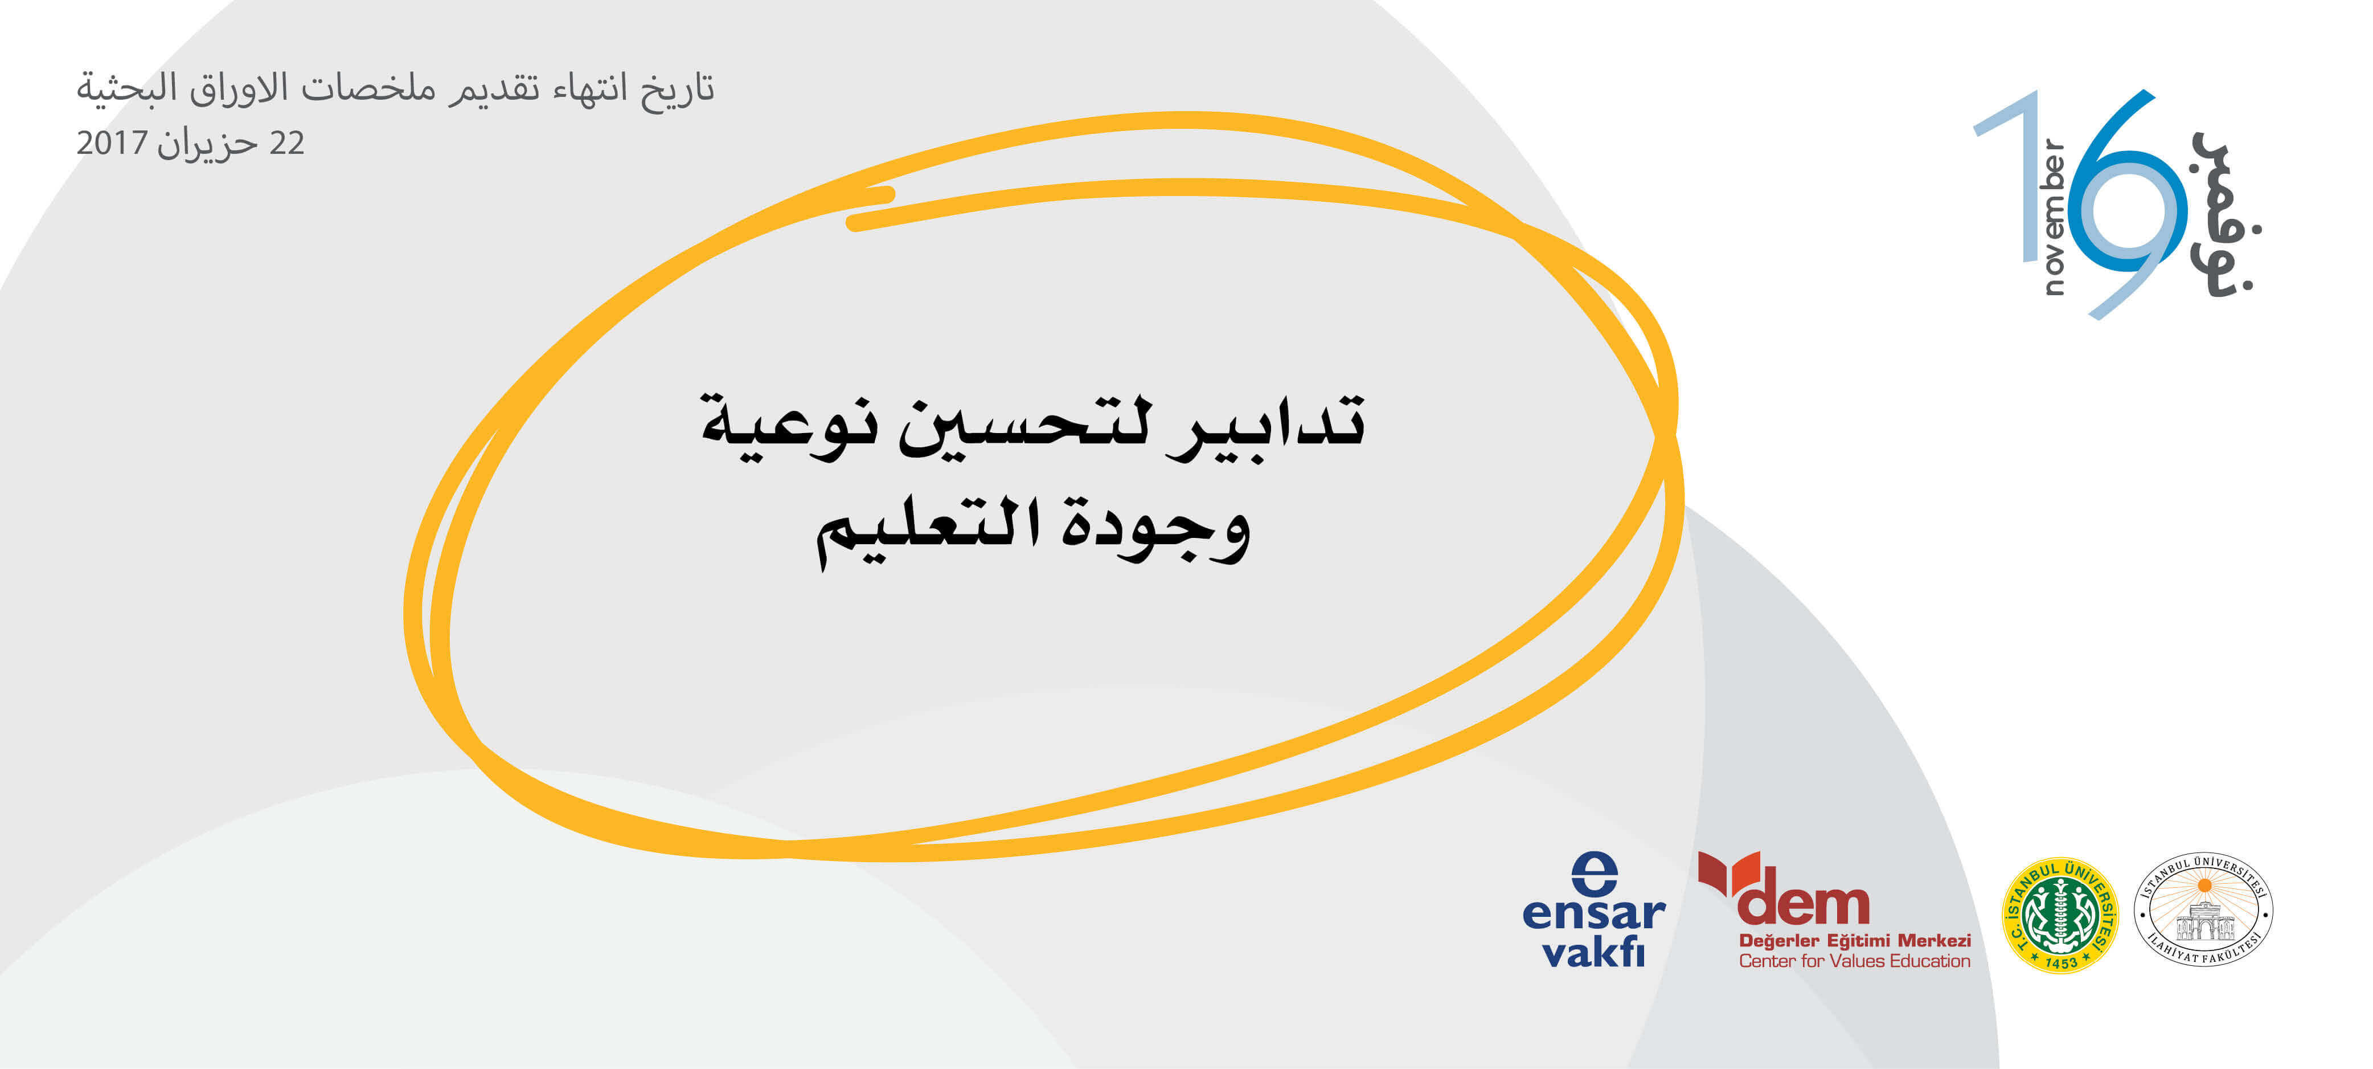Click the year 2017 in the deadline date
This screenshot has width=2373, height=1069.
[112, 143]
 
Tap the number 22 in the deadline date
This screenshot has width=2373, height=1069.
[286, 143]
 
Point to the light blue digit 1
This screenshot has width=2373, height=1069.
[2008, 175]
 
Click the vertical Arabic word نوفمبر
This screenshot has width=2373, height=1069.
[2226, 214]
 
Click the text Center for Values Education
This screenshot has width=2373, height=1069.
[1854, 961]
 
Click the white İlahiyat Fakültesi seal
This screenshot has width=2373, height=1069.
[2203, 909]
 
